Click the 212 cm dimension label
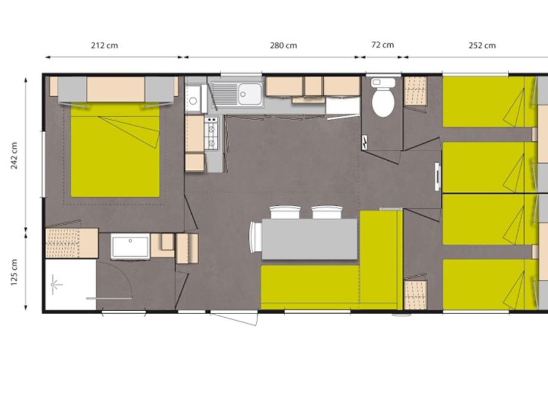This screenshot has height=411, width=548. point(105,46)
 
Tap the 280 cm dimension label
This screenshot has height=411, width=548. point(283,46)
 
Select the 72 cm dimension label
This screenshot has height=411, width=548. point(382,45)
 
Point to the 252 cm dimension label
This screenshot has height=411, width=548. point(482,46)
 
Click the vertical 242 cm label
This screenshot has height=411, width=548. point(15,155)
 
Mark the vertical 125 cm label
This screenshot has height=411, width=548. point(15,272)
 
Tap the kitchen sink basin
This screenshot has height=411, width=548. point(250,94)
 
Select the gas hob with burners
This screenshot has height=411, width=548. point(211,133)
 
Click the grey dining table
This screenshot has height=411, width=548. point(310,239)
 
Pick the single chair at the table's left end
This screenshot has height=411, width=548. point(256,237)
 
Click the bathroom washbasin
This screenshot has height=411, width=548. point(130,246)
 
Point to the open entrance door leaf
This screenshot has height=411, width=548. point(234,318)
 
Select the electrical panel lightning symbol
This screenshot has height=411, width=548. point(365,142)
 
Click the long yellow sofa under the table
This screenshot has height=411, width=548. point(310,287)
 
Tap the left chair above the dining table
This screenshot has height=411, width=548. point(285,213)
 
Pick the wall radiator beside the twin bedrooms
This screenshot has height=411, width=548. point(438,177)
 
